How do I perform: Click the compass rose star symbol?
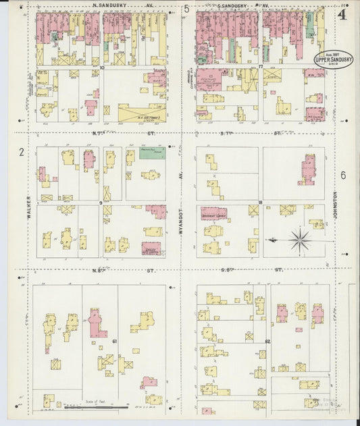[299, 239]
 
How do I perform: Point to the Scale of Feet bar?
[95, 406]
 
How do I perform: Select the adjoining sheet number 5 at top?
[186, 9]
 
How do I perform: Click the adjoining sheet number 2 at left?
[22, 153]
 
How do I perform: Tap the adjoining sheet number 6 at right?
[343, 175]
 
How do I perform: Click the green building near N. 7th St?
[152, 154]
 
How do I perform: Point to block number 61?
[115, 342]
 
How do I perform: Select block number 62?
[268, 342]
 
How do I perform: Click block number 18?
[260, 203]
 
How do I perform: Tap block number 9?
[101, 203]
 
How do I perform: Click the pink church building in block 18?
[308, 169]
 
